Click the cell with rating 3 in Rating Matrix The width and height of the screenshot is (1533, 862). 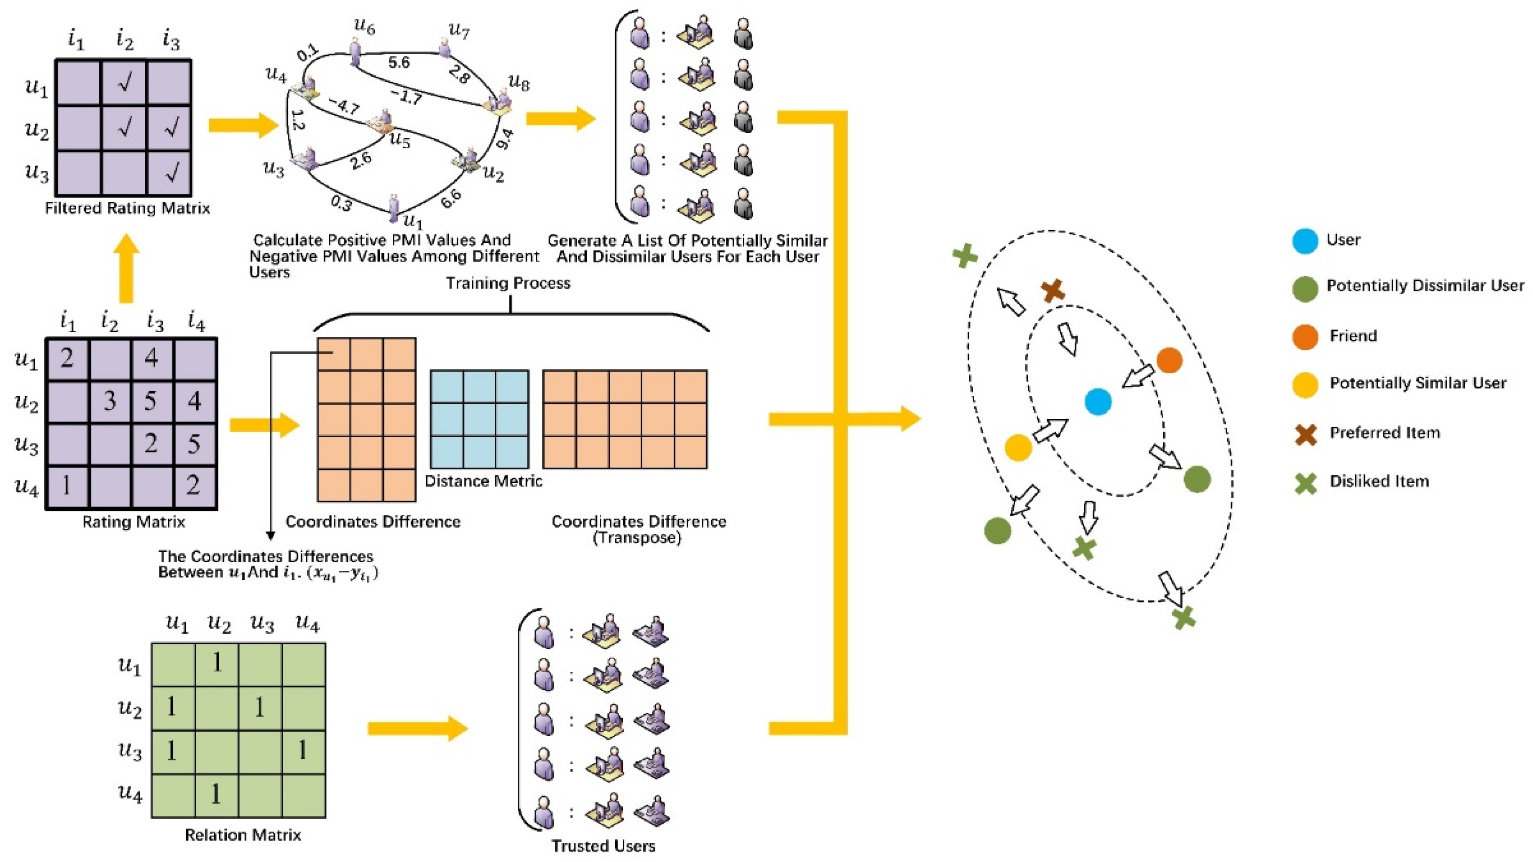110,401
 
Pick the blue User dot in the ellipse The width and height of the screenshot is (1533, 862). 1098,402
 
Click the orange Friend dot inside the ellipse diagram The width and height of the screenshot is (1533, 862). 1169,360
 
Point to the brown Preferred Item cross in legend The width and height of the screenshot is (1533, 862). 1305,434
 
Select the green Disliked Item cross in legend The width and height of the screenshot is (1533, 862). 1305,483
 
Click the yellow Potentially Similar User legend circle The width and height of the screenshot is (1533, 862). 1304,384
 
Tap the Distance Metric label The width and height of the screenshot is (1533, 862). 483,481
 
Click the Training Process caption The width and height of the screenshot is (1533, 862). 508,283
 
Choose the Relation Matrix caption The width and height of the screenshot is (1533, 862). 243,835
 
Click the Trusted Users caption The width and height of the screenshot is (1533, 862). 603,846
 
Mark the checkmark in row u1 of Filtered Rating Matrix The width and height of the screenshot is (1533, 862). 124,82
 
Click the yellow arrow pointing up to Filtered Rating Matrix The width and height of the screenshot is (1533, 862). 126,269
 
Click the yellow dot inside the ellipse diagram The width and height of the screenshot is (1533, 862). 1017,447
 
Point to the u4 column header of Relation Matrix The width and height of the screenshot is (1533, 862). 308,623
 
